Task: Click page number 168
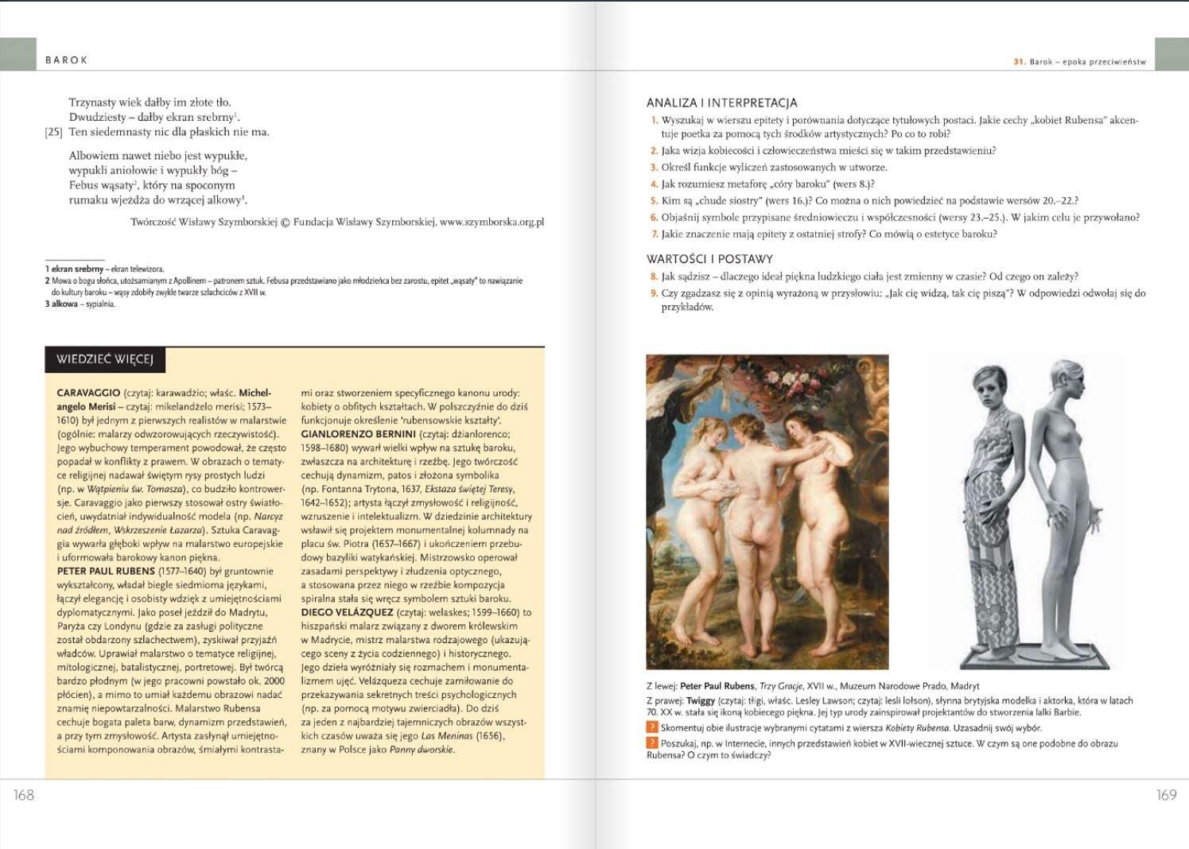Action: tap(24, 794)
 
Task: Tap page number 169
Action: tap(1166, 794)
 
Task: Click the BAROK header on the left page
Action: tap(67, 60)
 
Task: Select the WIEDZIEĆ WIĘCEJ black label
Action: tap(104, 359)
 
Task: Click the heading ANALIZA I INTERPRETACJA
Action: tap(721, 103)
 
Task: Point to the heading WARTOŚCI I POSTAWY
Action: tap(709, 258)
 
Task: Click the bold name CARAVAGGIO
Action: tap(88, 393)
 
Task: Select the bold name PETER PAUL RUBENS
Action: tap(106, 571)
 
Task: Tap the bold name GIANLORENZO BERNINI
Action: tap(358, 434)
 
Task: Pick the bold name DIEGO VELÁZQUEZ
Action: tap(347, 612)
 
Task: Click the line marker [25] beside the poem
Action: tap(53, 132)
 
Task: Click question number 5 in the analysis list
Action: tap(655, 201)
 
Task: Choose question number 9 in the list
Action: tap(655, 293)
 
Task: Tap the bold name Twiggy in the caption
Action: tap(701, 700)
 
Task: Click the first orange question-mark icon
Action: tap(652, 727)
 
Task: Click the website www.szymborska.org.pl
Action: tap(492, 223)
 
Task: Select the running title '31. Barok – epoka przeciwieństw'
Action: tap(1079, 61)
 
